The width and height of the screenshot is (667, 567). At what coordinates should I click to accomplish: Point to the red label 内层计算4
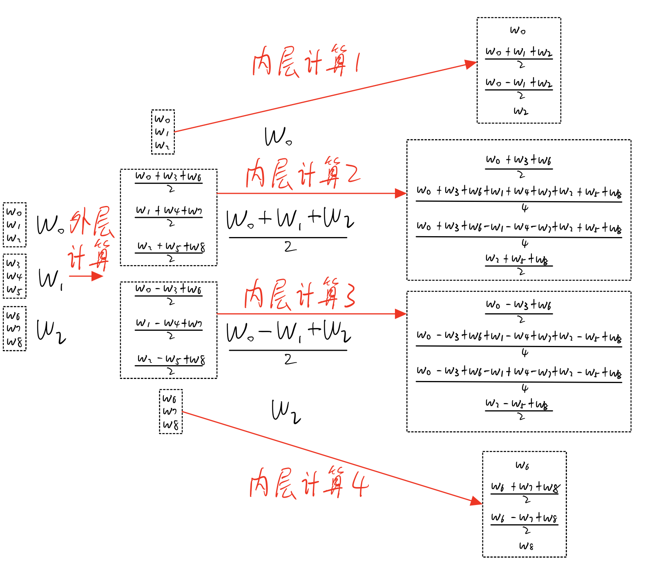tap(309, 483)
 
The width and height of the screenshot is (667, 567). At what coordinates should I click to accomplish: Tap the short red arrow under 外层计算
tap(86, 276)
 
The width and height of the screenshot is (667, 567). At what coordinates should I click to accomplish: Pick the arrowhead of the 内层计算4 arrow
tap(476, 501)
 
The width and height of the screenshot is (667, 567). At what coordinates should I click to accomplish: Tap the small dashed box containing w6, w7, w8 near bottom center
tap(171, 412)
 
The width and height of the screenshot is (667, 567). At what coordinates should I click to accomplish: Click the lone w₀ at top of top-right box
tap(518, 30)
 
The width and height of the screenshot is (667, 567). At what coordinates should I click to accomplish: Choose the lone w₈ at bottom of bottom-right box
tap(526, 546)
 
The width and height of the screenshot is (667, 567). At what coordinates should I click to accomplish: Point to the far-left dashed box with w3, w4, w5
tap(15, 276)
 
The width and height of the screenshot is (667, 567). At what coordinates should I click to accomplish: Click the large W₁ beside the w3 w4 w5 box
tap(50, 280)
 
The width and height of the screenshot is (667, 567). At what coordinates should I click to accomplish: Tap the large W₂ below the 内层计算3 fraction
tap(286, 412)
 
